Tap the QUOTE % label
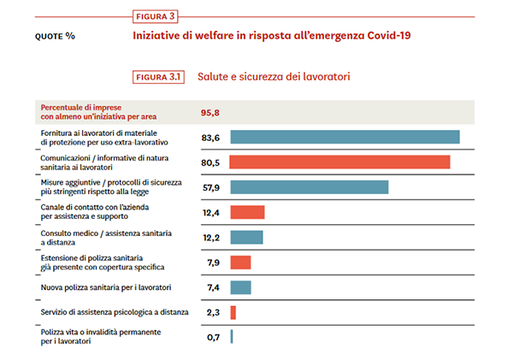coord(55,37)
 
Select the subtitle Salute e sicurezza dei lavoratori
coord(274,77)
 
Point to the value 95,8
coord(211,112)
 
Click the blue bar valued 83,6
coord(345,137)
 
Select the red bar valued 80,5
coord(339,162)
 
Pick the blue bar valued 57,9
coord(309,187)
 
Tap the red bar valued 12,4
coord(247,212)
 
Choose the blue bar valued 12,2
coord(246,237)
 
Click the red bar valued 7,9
coord(240,263)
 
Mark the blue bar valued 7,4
coord(240,287)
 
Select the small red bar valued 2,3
coord(233,313)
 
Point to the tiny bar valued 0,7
coord(232,337)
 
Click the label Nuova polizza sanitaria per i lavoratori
coord(107,287)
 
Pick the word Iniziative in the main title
coord(160,36)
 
